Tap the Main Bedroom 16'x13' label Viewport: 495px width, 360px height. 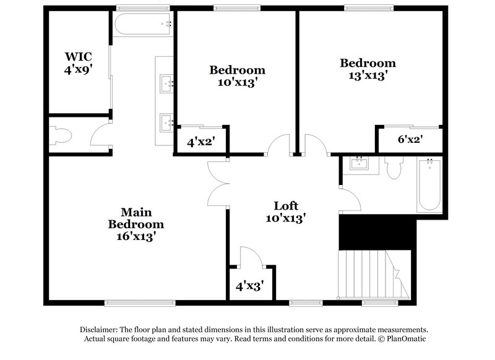pyautogui.click(x=136, y=223)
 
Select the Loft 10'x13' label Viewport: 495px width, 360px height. pyautogui.click(x=286, y=212)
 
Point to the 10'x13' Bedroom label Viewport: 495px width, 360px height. pyautogui.click(x=237, y=76)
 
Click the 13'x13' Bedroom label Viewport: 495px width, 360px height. pyautogui.click(x=368, y=69)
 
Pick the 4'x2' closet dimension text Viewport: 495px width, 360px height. pyautogui.click(x=200, y=142)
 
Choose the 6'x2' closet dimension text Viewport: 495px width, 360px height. pyautogui.click(x=410, y=140)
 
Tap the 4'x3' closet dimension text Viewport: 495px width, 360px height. pyautogui.click(x=249, y=286)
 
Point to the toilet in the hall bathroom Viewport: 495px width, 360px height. pyautogui.click(x=394, y=168)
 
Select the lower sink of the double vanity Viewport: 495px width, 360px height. pyautogui.click(x=165, y=122)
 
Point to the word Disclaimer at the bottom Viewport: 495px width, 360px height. pyautogui.click(x=100, y=330)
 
